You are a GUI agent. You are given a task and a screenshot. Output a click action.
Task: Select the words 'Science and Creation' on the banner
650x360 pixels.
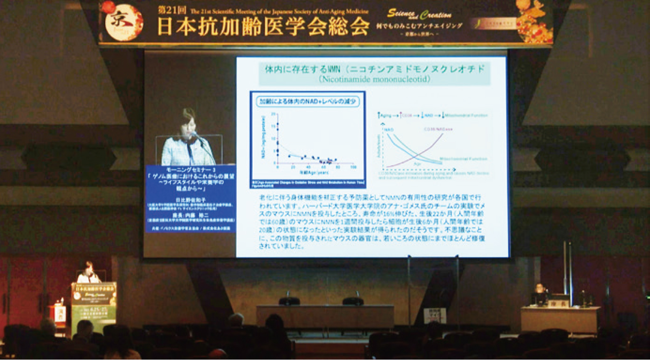[419, 14]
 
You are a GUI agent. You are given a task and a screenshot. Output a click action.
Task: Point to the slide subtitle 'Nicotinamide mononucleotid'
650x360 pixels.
[374, 79]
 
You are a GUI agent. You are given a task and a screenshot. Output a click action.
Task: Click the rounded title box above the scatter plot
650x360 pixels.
[308, 101]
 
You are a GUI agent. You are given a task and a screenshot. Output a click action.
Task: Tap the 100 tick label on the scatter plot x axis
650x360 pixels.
[353, 167]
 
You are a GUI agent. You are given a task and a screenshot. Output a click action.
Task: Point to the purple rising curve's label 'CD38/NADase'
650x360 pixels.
[438, 129]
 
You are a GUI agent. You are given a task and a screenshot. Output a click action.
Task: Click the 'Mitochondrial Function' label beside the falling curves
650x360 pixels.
[463, 159]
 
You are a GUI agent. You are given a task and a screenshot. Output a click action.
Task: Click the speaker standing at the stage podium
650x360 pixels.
[88, 273]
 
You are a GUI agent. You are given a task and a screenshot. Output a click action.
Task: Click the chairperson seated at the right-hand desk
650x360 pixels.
[539, 292]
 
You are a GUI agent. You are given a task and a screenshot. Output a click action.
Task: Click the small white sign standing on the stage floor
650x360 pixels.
[435, 315]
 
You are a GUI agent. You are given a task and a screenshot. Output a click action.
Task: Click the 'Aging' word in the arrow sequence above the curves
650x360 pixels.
[386, 115]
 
